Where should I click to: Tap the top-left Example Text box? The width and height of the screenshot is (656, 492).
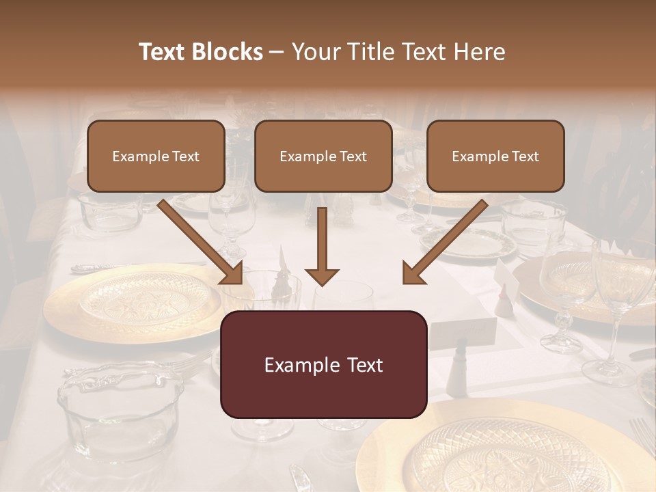156,156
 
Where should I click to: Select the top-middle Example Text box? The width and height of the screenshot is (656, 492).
323,156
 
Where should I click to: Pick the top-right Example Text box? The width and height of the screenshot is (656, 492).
495,156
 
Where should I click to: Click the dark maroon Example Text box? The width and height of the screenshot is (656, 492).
323,364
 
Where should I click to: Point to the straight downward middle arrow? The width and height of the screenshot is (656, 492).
322,239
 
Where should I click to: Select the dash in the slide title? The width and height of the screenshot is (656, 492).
277,53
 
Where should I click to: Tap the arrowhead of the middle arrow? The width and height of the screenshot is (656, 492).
322,275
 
